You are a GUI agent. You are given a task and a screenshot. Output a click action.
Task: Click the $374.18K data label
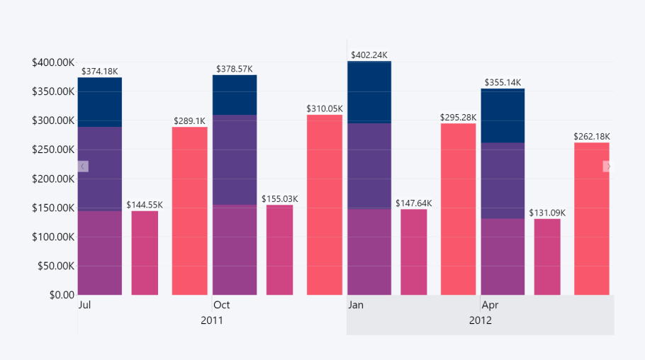[x=100, y=71]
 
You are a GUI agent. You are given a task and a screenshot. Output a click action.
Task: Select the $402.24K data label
[x=369, y=55]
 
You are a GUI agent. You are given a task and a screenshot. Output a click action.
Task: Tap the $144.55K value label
[x=145, y=205]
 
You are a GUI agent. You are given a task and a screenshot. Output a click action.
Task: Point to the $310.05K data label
[x=325, y=108]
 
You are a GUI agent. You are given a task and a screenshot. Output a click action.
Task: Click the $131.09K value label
[x=547, y=213]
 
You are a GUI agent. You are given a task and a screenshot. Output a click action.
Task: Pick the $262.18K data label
[x=592, y=136]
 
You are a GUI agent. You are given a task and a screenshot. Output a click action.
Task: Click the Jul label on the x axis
[x=84, y=305]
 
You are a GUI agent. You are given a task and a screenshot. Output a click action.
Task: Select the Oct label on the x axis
[x=221, y=305]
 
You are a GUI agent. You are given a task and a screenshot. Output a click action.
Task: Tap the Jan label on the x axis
[x=356, y=305]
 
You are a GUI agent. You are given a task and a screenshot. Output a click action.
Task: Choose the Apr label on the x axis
[x=490, y=305]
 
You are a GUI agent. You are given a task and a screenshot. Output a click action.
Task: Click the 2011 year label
[x=212, y=320]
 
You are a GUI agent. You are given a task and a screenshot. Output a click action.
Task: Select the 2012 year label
[x=480, y=320]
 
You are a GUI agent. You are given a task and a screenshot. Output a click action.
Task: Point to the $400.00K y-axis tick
[x=53, y=62]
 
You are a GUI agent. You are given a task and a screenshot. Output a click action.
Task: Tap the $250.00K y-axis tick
[x=53, y=150]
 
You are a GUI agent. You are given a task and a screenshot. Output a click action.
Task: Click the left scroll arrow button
[x=83, y=166]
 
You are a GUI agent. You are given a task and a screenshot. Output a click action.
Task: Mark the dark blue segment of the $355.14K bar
[x=503, y=116]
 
